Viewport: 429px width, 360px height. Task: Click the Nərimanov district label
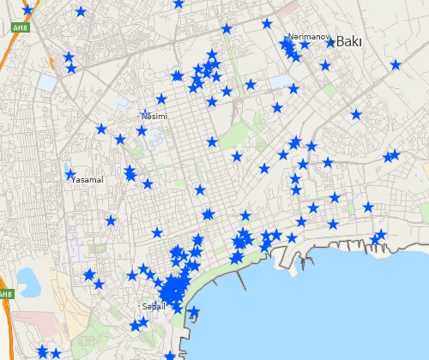308,37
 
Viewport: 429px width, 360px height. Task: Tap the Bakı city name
349,41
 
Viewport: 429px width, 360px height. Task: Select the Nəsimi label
154,116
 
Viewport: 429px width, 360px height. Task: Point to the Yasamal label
87,180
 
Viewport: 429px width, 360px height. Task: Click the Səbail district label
153,306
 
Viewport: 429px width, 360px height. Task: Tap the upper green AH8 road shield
19,27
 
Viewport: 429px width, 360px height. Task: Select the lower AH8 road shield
5,294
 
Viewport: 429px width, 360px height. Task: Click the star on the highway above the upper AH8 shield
27,10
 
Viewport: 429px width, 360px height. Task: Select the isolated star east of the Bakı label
396,64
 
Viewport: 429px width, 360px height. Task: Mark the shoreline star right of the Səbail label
194,311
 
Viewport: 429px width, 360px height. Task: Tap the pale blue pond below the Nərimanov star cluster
281,82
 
